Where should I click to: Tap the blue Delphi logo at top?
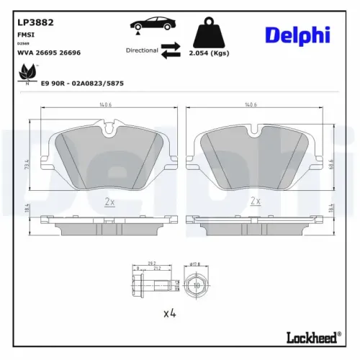click(x=297, y=35)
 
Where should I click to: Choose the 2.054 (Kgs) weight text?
click(x=210, y=53)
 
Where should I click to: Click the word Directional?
click(x=142, y=50)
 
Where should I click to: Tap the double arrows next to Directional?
click(x=170, y=50)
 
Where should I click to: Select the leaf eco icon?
click(x=28, y=72)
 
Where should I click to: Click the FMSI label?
click(x=25, y=34)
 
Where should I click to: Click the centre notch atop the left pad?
click(x=109, y=130)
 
